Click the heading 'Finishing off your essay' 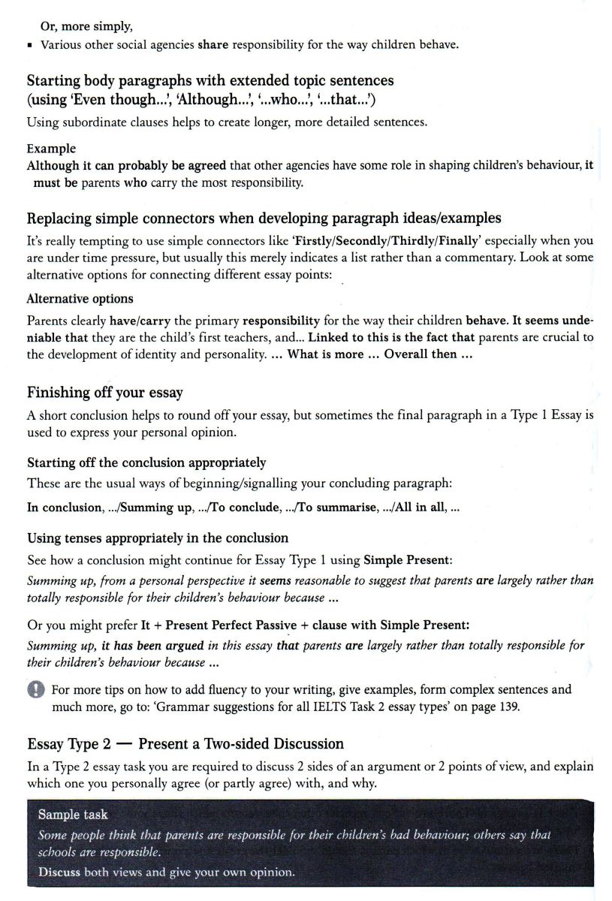click(x=104, y=393)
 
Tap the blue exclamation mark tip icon click(x=37, y=690)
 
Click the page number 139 click(x=508, y=707)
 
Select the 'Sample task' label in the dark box click(x=73, y=814)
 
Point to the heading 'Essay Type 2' click(x=69, y=744)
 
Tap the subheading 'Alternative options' click(x=80, y=298)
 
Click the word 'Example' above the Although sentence click(x=51, y=149)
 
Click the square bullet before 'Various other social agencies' click(x=29, y=45)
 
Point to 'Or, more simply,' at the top click(x=87, y=27)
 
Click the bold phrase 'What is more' click(x=325, y=354)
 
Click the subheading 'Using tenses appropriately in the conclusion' click(x=158, y=538)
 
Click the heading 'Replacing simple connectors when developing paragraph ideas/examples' click(x=264, y=218)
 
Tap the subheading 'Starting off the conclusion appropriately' click(x=146, y=463)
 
